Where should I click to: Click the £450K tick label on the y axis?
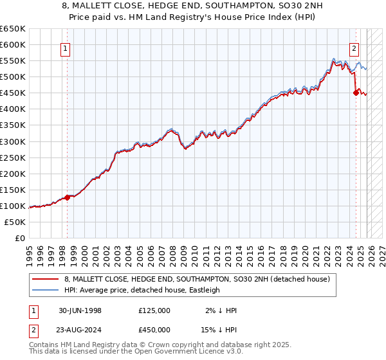pos(13,93)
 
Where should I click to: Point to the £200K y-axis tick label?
pos(13,174)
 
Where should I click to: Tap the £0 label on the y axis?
pos(19,238)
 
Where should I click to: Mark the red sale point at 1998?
pos(68,197)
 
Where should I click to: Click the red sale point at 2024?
pos(356,93)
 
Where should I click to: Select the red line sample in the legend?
pos(46,279)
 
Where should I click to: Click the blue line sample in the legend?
pos(46,290)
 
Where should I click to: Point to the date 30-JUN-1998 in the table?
pos(80,310)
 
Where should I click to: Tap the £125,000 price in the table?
pos(154,310)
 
